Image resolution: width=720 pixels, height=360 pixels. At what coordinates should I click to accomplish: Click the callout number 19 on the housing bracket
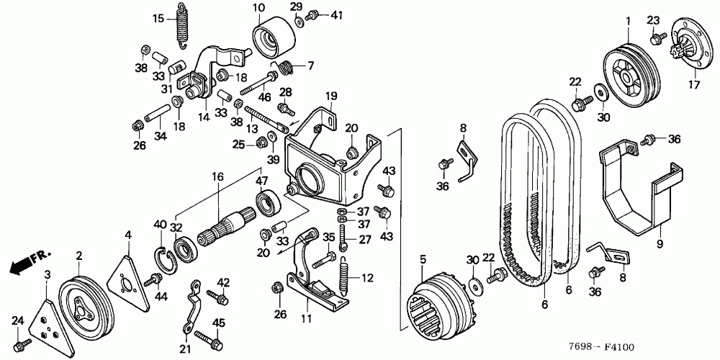330,96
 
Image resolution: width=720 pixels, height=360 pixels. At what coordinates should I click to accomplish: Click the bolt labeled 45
201,336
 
